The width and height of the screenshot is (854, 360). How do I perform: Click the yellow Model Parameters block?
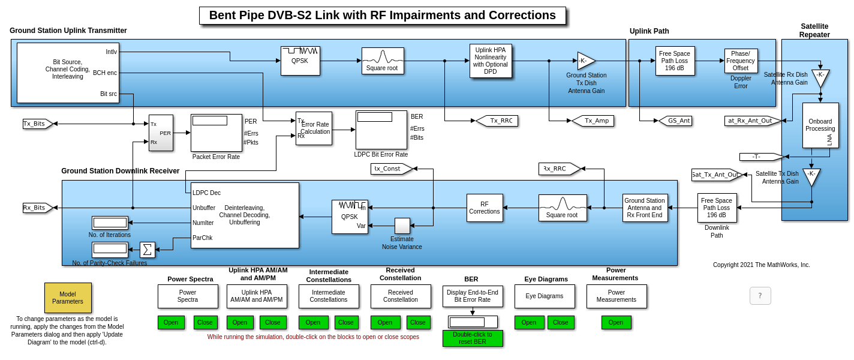(x=68, y=298)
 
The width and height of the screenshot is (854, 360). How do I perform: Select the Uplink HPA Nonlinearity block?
(x=491, y=61)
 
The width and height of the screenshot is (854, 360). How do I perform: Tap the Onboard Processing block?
(x=820, y=125)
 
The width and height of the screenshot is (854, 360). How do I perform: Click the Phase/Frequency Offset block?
(x=741, y=61)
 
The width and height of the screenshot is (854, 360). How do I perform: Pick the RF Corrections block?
(x=485, y=208)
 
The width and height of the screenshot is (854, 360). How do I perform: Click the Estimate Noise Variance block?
(x=402, y=226)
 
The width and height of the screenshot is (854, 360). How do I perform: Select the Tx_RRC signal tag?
(x=497, y=121)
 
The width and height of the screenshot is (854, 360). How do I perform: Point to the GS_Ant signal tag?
(x=675, y=121)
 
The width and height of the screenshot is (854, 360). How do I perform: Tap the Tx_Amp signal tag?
(x=593, y=121)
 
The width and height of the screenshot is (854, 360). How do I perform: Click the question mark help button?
(x=760, y=296)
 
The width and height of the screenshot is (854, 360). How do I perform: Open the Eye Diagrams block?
(x=545, y=296)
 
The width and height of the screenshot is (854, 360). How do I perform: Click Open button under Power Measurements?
(x=616, y=322)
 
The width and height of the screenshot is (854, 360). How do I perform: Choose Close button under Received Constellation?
(x=418, y=322)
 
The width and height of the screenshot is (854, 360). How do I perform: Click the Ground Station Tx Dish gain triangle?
(x=585, y=61)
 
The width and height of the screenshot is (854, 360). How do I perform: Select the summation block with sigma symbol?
(x=147, y=250)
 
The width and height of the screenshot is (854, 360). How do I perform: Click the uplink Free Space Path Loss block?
(x=675, y=61)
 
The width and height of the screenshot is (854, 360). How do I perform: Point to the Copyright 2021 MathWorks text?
(x=761, y=265)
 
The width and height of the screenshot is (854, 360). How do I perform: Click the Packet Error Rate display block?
(x=216, y=133)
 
